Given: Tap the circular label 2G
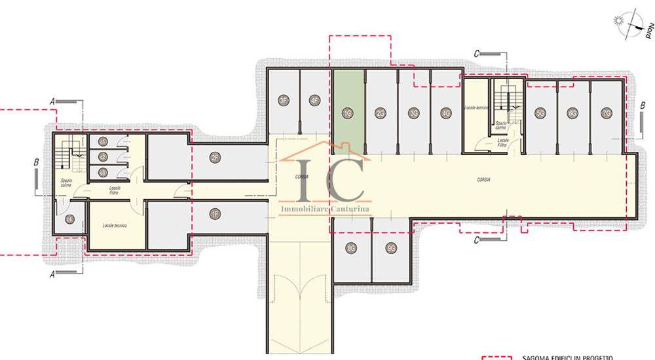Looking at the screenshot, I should [x=381, y=113].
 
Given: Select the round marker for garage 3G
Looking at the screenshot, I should [x=413, y=113].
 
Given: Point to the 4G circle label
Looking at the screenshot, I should [x=446, y=113].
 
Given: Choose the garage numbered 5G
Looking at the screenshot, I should [x=540, y=113].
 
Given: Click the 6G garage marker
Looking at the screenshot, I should [x=572, y=113].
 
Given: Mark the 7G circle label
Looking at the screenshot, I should [x=606, y=113].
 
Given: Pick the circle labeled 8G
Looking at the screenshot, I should [x=352, y=248].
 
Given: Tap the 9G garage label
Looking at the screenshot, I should [x=391, y=248].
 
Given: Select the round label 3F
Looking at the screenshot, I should [x=283, y=100].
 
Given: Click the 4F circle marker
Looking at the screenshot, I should [x=314, y=100].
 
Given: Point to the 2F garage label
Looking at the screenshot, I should [x=215, y=156].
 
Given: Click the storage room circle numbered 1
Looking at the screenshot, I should [x=103, y=141].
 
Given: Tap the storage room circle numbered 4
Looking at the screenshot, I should [x=69, y=220].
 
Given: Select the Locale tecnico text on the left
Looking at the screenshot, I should [x=114, y=225].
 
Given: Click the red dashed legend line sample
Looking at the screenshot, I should [x=498, y=357].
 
